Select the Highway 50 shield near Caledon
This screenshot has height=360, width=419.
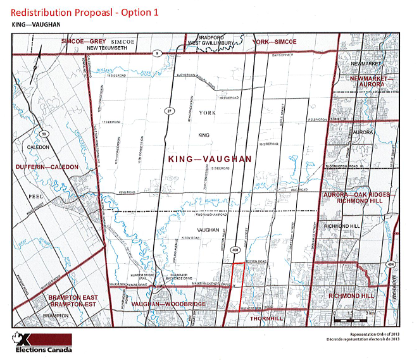44,134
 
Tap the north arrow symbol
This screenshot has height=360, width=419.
37,62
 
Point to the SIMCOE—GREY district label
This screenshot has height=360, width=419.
82,41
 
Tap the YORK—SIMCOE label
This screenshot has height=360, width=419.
274,41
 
